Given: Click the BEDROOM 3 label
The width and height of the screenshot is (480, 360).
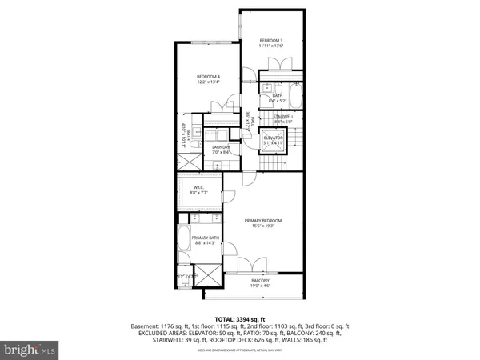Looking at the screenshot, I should (271, 40).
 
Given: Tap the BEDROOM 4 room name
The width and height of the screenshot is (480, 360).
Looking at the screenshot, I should (209, 76).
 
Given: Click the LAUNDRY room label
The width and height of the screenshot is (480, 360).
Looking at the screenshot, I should (222, 147).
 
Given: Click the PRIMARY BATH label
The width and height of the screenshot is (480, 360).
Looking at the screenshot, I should (206, 238).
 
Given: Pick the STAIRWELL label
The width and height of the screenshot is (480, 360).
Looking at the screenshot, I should (284, 117).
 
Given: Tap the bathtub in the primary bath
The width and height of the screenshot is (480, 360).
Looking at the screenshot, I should (184, 240).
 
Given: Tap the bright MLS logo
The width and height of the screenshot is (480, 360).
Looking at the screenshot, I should (29, 350).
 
